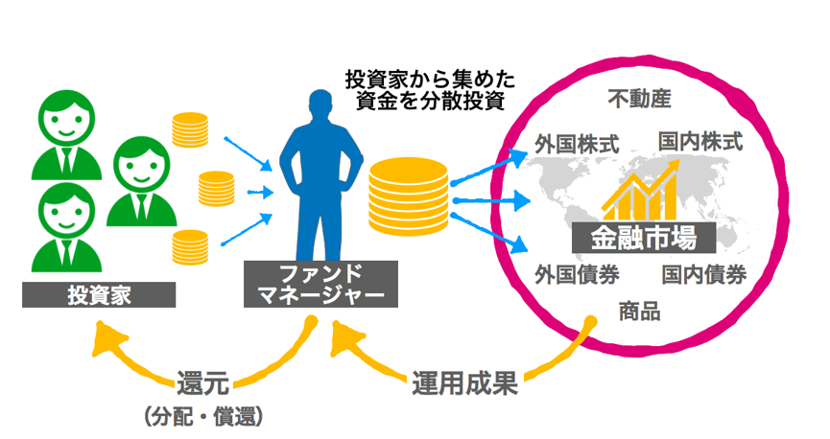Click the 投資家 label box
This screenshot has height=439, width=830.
click(x=100, y=294)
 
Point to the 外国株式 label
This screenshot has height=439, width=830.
click(x=578, y=144)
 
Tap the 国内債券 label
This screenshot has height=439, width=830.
click(x=704, y=275)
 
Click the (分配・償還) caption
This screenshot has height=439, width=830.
click(x=202, y=418)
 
